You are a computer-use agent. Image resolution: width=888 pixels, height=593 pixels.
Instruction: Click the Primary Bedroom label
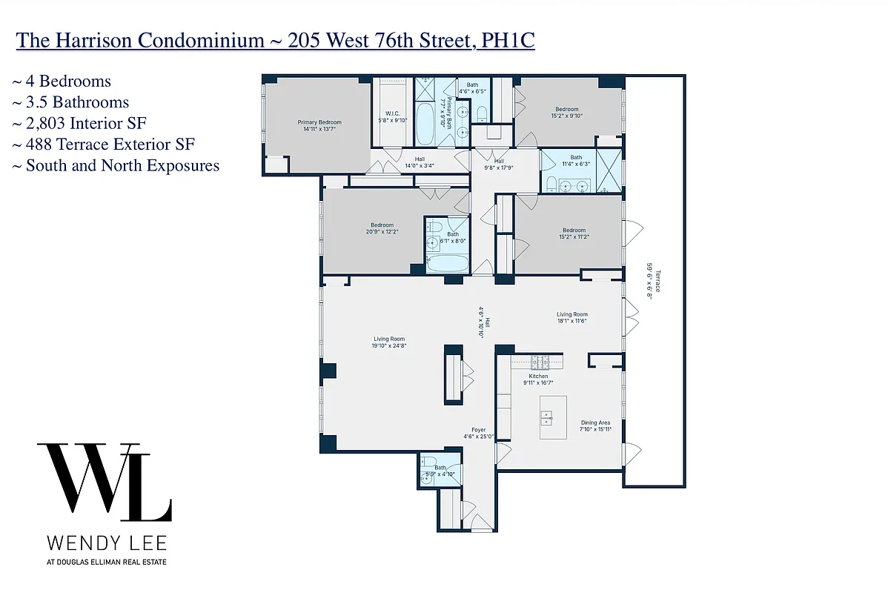tap(319, 125)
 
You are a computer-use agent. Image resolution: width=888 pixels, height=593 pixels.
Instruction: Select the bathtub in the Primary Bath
tap(426, 125)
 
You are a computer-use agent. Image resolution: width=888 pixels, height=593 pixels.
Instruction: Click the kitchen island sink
tap(549, 420)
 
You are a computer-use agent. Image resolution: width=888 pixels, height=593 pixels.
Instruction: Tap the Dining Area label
tap(595, 425)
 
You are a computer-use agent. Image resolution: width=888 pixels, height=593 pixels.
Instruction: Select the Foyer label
tap(479, 433)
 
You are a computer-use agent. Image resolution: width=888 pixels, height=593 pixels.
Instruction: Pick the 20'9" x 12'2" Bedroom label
tap(382, 228)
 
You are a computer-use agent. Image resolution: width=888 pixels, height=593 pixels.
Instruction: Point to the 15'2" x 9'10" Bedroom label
tap(567, 112)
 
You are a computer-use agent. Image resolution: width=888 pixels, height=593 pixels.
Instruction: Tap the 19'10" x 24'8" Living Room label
tap(388, 342)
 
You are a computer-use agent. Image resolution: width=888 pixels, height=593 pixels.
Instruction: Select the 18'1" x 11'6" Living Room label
tap(572, 317)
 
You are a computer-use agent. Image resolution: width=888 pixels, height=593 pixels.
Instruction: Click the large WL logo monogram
tap(104, 482)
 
